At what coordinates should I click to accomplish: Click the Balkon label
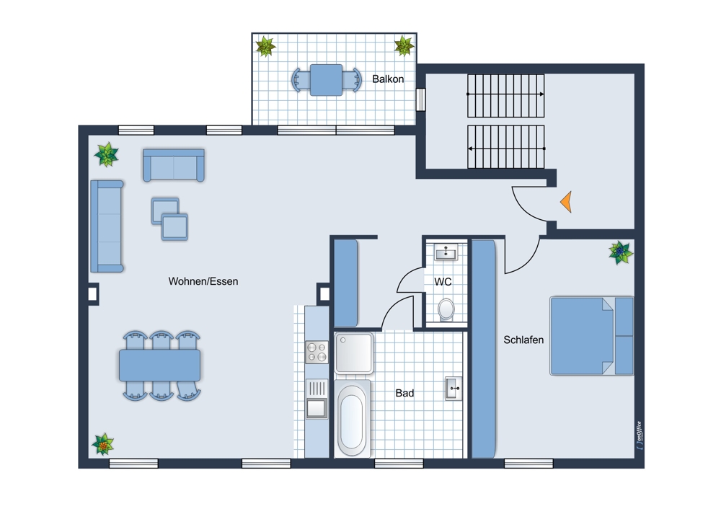[388, 79]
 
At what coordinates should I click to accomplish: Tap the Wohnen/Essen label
[203, 281]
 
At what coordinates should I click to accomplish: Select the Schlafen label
[523, 340]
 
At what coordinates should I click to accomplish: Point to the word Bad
[404, 393]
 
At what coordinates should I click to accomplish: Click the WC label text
[443, 281]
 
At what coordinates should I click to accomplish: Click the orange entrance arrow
[567, 201]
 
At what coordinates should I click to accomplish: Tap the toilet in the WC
[446, 309]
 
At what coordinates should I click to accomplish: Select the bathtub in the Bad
[353, 418]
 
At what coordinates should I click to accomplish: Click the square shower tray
[354, 353]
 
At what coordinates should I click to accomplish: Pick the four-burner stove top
[317, 353]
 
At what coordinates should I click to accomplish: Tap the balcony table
[326, 80]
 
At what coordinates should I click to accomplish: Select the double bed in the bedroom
[591, 336]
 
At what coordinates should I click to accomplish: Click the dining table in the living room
[159, 366]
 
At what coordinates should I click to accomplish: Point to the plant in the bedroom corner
[620, 252]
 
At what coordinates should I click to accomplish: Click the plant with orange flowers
[103, 444]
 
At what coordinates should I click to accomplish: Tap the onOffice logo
[639, 435]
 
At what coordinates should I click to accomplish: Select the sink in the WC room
[446, 252]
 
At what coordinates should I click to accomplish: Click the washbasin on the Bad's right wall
[454, 389]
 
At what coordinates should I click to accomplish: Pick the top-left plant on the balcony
[265, 46]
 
